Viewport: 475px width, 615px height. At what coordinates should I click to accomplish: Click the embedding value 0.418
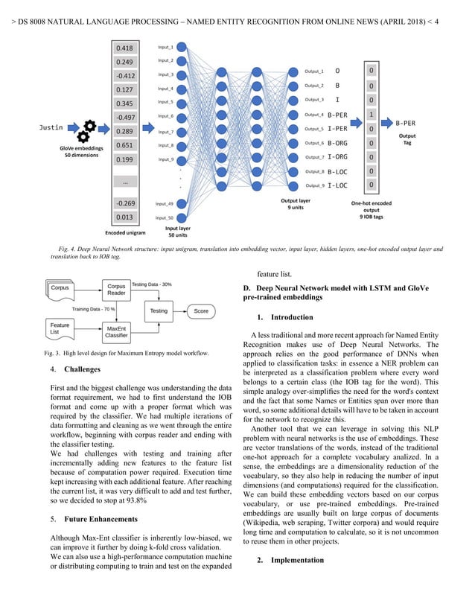(x=125, y=48)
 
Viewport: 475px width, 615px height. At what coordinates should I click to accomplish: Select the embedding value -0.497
(x=125, y=118)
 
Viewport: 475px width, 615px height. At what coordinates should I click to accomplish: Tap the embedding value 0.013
(x=125, y=217)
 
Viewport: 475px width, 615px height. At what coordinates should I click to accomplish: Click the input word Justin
(x=51, y=127)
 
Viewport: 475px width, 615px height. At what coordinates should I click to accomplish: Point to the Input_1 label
(x=165, y=47)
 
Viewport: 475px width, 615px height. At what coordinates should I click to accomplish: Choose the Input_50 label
(x=165, y=217)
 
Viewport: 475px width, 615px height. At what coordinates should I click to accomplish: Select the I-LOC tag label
(x=337, y=185)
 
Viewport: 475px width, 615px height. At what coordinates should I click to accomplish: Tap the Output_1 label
(x=314, y=71)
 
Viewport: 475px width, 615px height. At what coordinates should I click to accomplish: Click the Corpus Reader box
(x=116, y=290)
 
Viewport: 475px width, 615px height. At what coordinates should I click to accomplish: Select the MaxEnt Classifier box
(x=116, y=332)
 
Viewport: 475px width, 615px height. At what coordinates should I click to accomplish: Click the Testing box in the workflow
(x=159, y=310)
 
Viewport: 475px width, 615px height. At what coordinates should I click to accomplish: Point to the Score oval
(x=201, y=310)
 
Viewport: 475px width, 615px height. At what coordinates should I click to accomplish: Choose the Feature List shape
(x=60, y=328)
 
